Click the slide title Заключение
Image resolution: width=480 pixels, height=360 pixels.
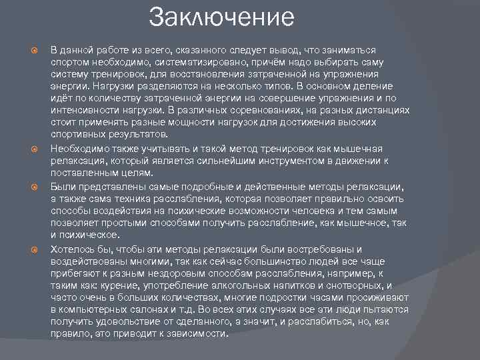tap(221, 17)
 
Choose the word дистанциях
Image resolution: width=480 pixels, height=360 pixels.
tap(381, 110)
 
